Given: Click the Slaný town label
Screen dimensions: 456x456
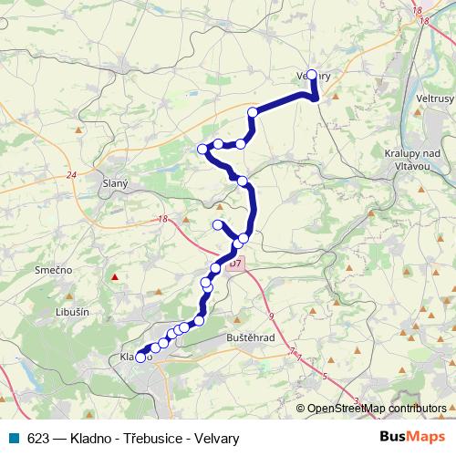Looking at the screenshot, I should pos(114,183).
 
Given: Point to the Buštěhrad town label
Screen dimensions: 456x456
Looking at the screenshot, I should pos(248,337).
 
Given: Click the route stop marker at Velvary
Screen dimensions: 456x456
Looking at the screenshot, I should pos(312,76).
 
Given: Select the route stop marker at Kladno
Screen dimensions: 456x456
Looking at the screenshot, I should pos(140,358).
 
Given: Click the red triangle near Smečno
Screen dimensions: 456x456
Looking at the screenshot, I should pos(114,276).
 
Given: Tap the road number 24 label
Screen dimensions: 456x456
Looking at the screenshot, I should pos(71,175).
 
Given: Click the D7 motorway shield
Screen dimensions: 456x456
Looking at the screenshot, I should pos(235,264).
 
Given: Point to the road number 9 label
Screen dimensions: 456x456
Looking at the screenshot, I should pos(271,315).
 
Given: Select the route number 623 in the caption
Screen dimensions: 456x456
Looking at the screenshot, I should pos(38,439).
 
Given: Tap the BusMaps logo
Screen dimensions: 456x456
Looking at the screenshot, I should pos(406,438).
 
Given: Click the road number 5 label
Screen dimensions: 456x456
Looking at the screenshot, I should pos(325,375).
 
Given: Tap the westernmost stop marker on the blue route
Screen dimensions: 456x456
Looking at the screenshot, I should pos(140,358).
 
